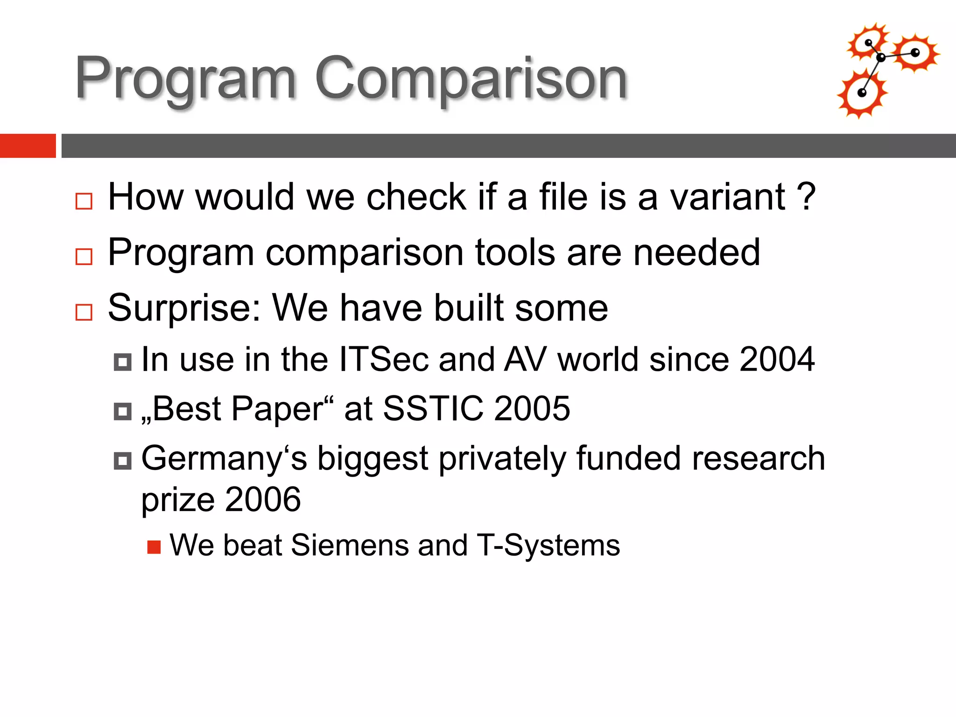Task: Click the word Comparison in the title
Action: click(x=471, y=78)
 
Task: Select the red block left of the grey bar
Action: click(x=28, y=146)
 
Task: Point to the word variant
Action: click(x=728, y=197)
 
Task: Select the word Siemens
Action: click(x=350, y=545)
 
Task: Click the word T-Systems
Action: click(x=548, y=545)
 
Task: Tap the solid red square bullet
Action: click(x=154, y=547)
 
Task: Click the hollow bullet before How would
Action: click(x=84, y=201)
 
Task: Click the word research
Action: click(x=759, y=458)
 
